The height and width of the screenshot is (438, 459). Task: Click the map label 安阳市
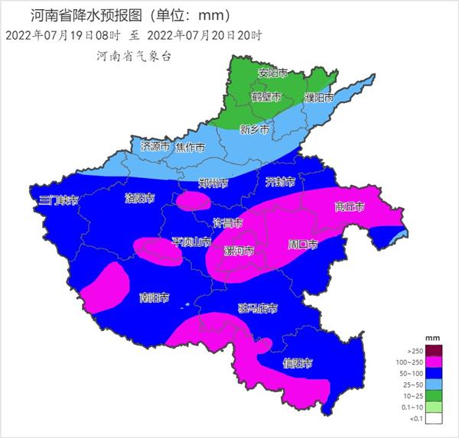tap(272, 73)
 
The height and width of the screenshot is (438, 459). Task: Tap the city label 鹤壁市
tap(266, 97)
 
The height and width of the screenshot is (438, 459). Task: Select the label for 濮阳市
tap(319, 99)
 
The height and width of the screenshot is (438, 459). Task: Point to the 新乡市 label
tap(254, 129)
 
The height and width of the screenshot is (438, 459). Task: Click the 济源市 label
tap(155, 146)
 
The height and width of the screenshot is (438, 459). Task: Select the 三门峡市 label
tap(59, 200)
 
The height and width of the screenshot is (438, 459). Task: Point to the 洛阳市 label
tap(140, 198)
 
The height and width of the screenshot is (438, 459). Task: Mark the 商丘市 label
tap(349, 207)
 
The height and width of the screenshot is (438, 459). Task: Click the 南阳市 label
tap(155, 297)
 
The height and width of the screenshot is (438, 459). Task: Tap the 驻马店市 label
tap(257, 309)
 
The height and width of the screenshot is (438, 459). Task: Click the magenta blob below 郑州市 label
tap(194, 201)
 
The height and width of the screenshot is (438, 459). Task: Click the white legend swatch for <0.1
tap(435, 418)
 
